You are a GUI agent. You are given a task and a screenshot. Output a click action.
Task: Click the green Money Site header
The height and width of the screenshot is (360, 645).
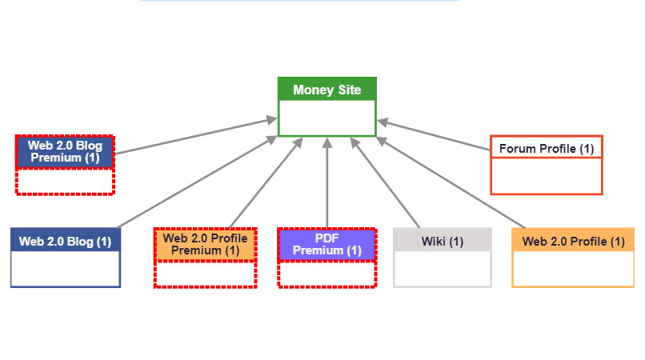coord(327,90)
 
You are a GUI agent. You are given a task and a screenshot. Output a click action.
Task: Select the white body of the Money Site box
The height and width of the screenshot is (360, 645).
coord(327,118)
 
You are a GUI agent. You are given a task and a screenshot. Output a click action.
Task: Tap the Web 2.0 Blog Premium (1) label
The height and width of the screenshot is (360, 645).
coord(65,152)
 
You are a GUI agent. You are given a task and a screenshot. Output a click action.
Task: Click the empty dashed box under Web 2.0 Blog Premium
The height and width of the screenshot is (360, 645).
coord(65,182)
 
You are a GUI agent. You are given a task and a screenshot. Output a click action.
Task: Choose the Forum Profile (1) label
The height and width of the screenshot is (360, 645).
coord(547,148)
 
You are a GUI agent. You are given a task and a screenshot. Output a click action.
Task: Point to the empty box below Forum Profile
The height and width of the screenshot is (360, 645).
coord(547,176)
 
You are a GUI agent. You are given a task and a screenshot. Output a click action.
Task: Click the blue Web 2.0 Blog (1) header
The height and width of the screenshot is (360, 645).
coord(65,241)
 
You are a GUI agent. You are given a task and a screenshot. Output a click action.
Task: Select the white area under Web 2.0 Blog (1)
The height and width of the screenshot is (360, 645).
coord(65,269)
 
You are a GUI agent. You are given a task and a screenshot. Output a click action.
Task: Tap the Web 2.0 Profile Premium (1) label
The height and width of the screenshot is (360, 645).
coord(205,244)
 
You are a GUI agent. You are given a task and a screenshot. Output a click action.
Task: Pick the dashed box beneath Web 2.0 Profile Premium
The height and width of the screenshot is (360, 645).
coord(205,274)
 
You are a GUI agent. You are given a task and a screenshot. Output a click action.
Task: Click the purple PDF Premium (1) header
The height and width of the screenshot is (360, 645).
coord(327,244)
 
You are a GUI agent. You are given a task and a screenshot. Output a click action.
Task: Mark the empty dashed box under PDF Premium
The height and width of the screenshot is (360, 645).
coord(327,274)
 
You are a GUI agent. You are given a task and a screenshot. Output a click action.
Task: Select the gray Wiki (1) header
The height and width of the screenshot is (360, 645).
coord(443,241)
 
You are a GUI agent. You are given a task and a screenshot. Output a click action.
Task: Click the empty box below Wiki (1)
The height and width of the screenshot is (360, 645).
coord(443,269)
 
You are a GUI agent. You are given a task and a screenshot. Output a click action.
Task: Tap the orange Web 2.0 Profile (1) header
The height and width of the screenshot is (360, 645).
coord(573,241)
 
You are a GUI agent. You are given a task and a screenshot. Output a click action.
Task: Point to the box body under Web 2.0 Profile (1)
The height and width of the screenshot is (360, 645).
coord(573,269)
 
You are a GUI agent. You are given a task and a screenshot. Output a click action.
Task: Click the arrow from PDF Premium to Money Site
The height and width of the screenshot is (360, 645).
coord(327,184)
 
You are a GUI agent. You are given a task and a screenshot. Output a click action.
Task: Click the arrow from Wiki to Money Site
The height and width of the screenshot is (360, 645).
coord(386,184)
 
